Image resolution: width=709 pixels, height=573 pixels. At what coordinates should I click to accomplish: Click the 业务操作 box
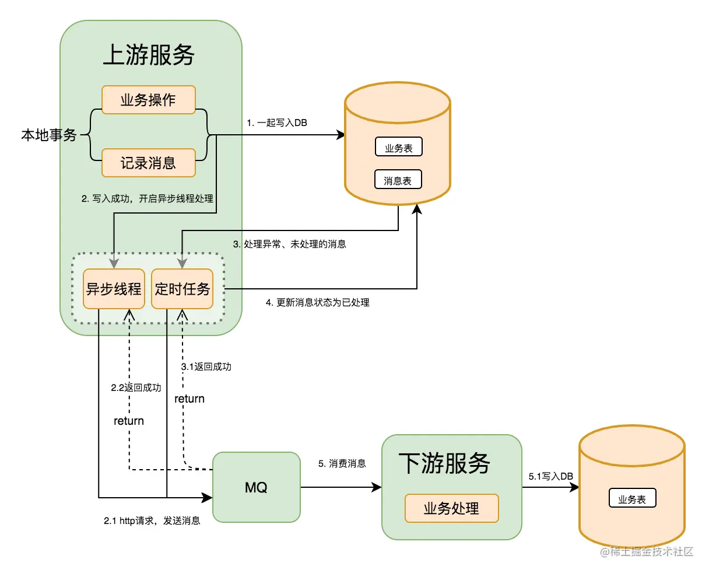coord(148,100)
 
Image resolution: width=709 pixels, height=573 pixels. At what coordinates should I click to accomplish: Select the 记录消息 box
coord(148,163)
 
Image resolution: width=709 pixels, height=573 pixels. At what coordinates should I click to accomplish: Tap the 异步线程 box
coord(114,289)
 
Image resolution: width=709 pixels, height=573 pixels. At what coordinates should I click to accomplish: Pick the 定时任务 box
coord(182,289)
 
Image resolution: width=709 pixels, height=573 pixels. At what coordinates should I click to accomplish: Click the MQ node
coord(256,487)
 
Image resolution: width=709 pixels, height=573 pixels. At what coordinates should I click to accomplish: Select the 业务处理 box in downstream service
coord(451,508)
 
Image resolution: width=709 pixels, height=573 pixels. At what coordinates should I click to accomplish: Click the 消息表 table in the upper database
coord(398,180)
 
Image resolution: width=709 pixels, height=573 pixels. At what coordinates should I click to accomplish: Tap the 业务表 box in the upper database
coord(398,148)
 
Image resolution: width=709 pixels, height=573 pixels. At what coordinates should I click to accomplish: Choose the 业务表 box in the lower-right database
coord(632,499)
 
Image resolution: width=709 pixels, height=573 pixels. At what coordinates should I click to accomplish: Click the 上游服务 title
coord(149,55)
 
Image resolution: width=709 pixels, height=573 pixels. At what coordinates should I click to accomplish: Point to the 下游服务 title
coord(444,463)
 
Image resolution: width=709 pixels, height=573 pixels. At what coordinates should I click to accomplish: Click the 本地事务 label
coord(49,135)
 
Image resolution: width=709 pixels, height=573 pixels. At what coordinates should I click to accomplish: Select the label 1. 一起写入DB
coord(276,123)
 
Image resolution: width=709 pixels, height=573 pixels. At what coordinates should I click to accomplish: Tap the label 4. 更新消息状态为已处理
coord(317,302)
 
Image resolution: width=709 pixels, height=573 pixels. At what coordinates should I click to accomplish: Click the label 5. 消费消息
coord(342,463)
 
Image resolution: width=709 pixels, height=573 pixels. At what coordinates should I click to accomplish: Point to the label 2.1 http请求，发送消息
coord(152,520)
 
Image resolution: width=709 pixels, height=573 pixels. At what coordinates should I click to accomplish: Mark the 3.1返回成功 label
coord(206,366)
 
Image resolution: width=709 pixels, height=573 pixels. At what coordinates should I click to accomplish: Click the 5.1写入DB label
coord(550,476)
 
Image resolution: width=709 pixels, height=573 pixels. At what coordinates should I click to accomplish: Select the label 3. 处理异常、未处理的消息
coord(289,244)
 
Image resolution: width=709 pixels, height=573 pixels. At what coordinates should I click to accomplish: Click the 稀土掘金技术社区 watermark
coord(647,552)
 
